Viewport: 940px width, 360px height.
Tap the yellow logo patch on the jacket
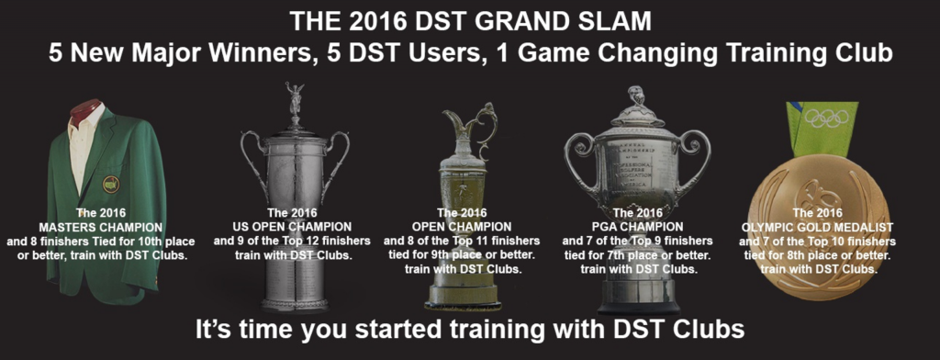point(111,184)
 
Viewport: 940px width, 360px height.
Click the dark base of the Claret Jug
point(463,298)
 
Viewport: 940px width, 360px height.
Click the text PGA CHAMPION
point(637,226)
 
